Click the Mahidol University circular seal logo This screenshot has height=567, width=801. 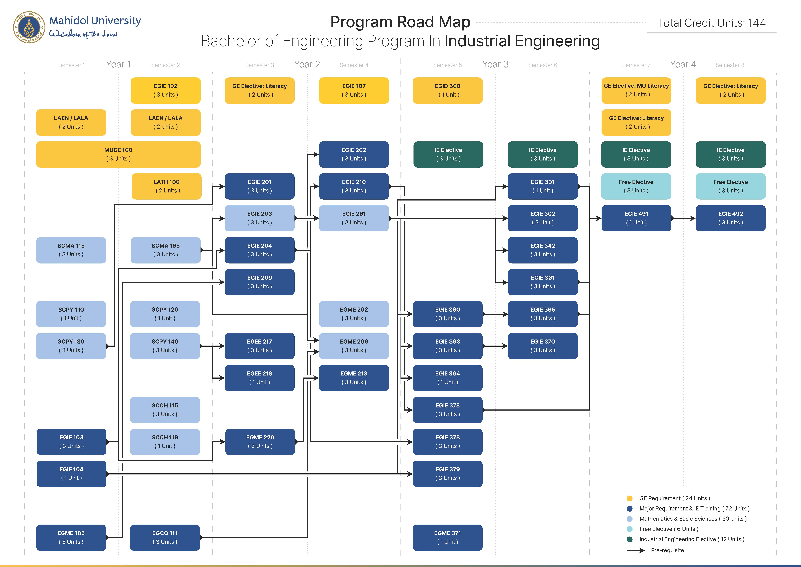coord(29,27)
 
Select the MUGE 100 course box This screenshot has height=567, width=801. coord(118,154)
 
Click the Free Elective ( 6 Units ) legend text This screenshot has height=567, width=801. coord(668,529)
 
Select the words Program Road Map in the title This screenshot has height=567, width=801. coord(400,22)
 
